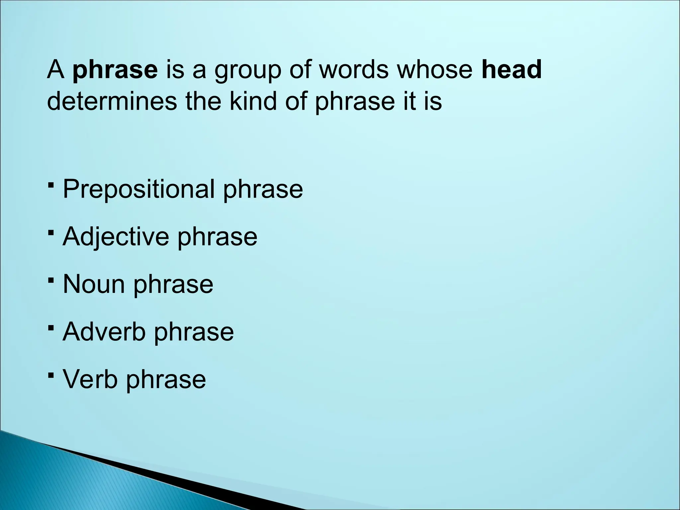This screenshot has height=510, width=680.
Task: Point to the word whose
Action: click(x=435, y=70)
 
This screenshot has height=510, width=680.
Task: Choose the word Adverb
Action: click(x=104, y=332)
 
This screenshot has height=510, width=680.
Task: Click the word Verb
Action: click(x=90, y=379)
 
